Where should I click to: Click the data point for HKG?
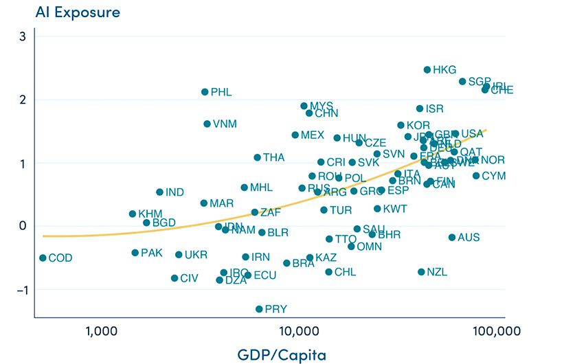point(427,70)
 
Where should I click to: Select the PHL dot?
point(205,92)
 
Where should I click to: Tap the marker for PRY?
point(259,309)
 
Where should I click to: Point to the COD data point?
point(43,258)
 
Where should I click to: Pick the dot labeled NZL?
point(421,272)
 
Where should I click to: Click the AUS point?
point(452,238)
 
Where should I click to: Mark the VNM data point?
point(207,124)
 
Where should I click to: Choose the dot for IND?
point(159,192)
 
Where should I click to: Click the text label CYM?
point(493,176)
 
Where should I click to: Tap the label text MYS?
point(321,106)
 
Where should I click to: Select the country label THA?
point(273,157)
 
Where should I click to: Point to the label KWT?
point(395,209)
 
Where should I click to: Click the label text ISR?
point(434,109)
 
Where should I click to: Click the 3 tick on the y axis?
point(22,36)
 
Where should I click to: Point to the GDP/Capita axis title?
point(272,354)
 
